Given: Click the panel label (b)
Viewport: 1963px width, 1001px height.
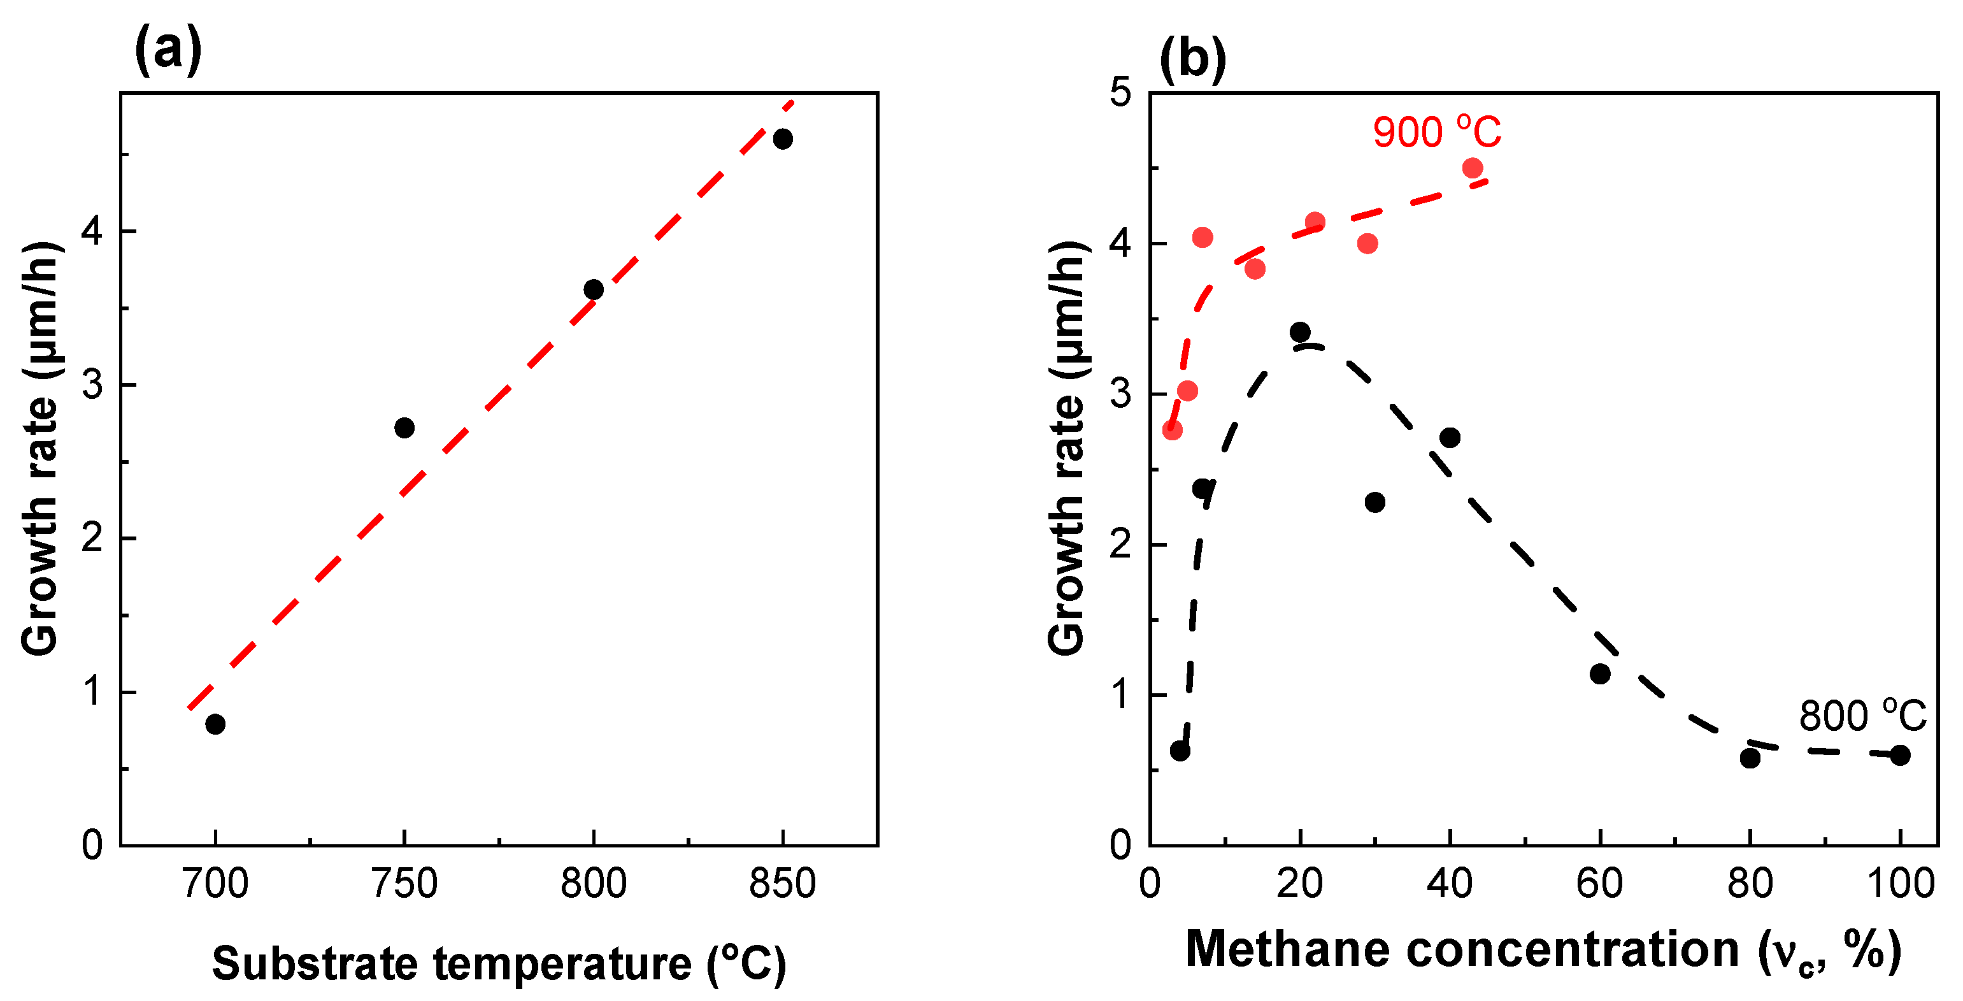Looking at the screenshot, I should [1192, 58].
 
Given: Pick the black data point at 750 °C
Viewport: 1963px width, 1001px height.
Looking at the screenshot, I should [404, 428].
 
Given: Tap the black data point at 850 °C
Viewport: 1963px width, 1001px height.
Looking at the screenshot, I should [783, 139].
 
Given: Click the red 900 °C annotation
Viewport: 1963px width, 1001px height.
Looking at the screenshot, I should [1436, 133].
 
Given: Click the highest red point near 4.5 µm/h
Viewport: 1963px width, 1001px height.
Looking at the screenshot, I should [1473, 168].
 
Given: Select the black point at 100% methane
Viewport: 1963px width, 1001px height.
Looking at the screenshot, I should [1901, 756].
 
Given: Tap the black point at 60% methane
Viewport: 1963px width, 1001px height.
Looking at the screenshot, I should [1600, 674].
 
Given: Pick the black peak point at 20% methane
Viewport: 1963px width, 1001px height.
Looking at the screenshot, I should [1300, 331].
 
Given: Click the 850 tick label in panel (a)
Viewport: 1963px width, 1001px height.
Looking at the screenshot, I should [783, 884].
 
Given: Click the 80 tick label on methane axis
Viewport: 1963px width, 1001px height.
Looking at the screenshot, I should [1750, 884].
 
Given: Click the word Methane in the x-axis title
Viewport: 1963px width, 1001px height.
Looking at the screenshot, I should [1287, 950].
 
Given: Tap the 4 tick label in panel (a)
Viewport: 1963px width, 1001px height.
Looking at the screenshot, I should [92, 231].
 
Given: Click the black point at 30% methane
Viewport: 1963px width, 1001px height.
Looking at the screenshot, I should [1374, 502].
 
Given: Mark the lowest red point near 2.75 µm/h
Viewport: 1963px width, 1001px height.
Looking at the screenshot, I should [1172, 430].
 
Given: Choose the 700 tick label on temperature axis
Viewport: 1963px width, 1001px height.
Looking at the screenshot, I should [216, 884].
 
